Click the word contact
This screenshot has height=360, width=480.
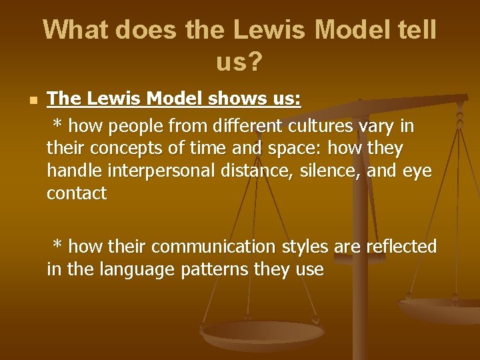pos(77,194)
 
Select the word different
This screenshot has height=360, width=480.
pos(244,125)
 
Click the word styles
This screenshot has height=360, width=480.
pos(305,247)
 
